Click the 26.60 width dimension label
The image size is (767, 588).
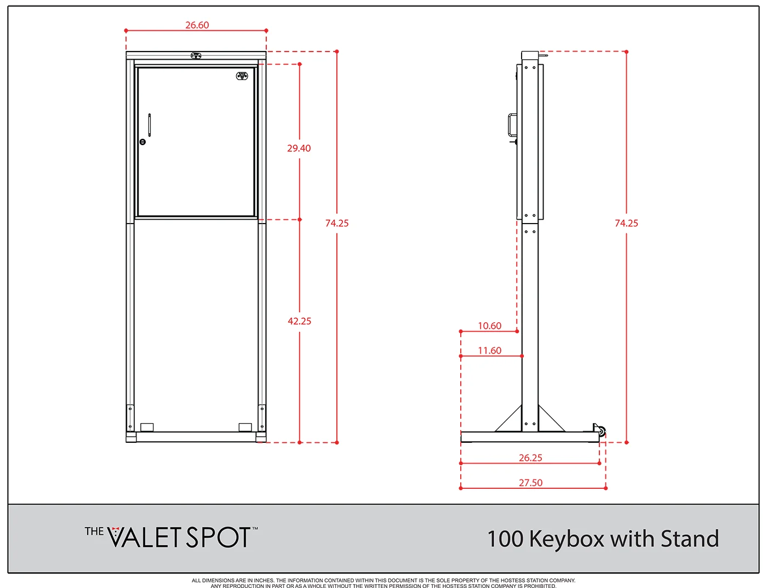tap(197, 25)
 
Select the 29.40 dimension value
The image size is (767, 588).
tap(299, 148)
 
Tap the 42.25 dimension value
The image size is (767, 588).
tap(299, 321)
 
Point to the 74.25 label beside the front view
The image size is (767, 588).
tap(337, 223)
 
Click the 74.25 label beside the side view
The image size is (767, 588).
tap(626, 223)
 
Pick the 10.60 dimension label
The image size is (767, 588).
tap(489, 326)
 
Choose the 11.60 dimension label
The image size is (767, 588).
tap(489, 350)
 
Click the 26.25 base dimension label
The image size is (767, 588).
tap(530, 458)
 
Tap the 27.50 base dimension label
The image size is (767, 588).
tap(530, 482)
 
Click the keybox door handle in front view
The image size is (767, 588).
tap(150, 125)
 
